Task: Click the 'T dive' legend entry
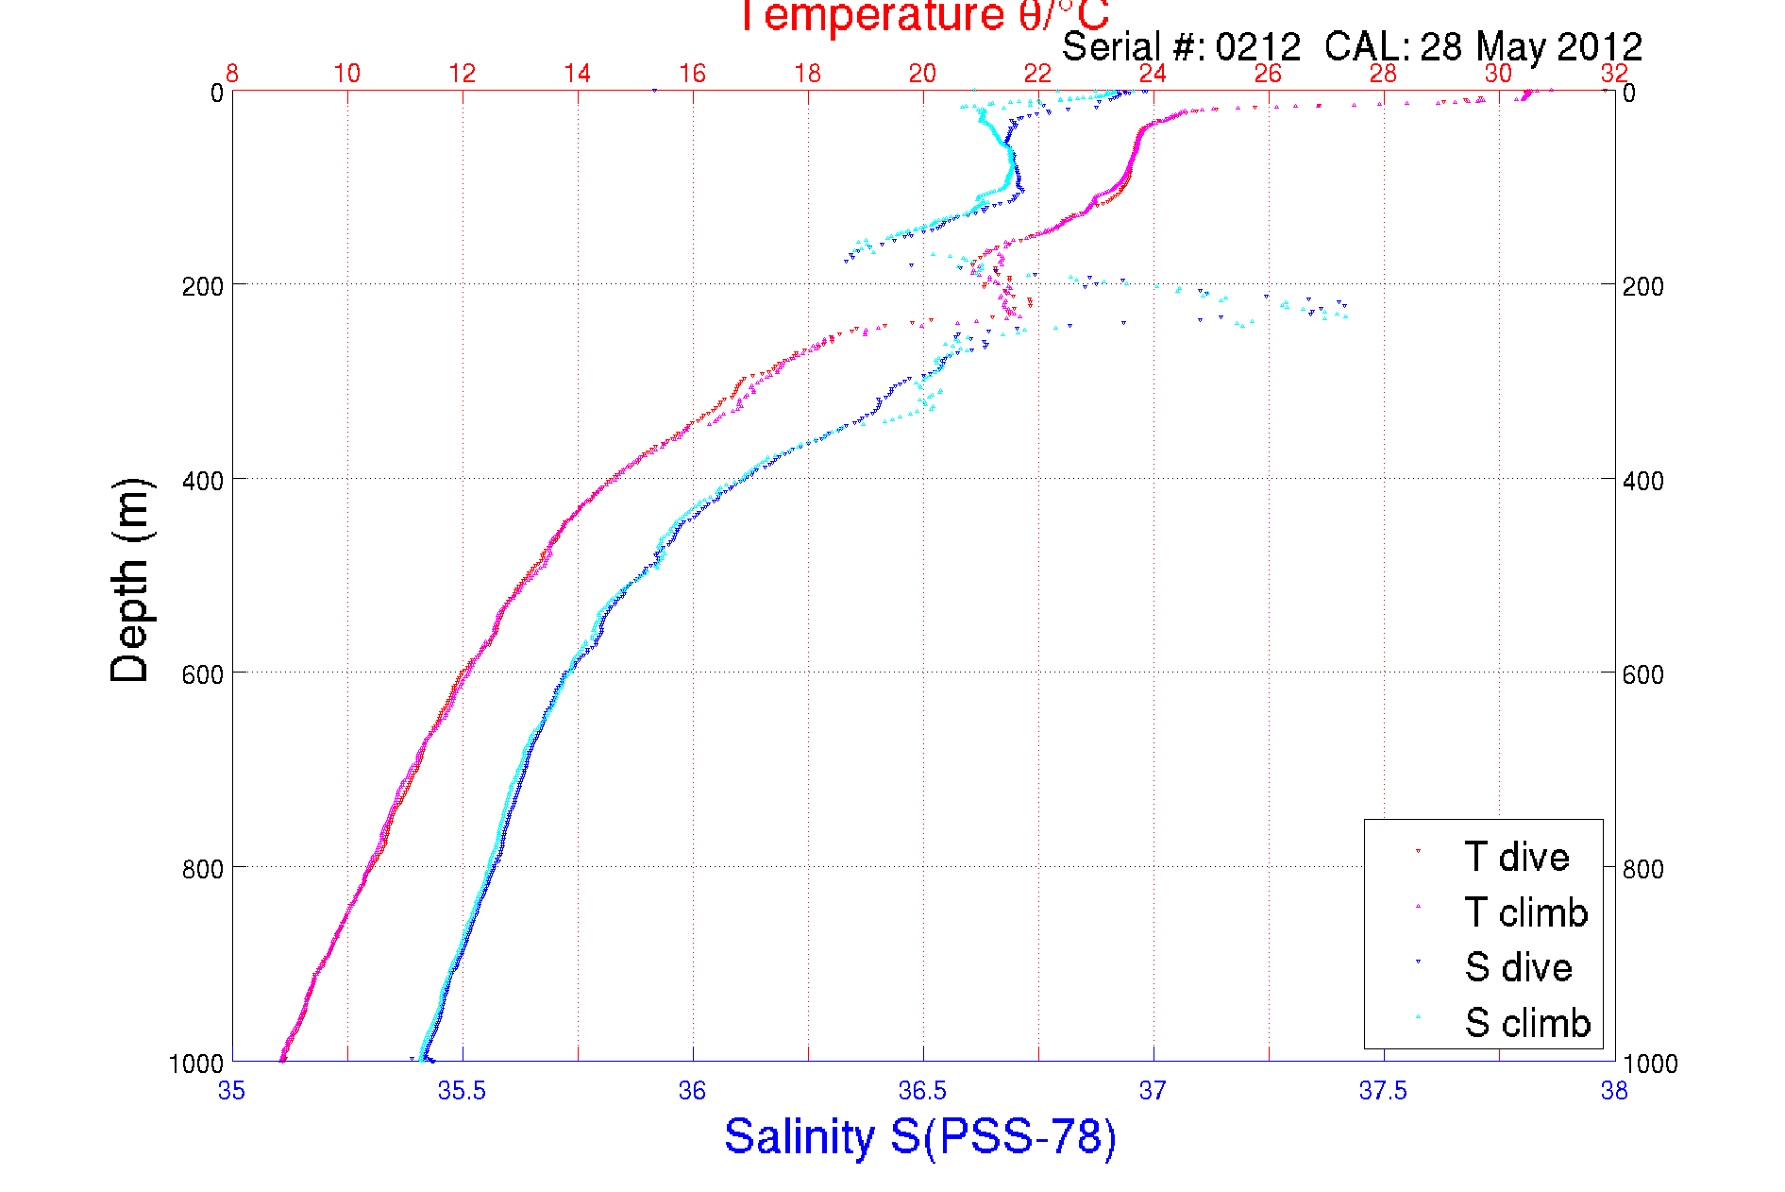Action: click(x=1516, y=857)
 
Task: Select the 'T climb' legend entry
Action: click(x=1525, y=912)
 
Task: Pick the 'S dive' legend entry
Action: click(x=1518, y=967)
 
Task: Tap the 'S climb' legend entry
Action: click(x=1527, y=1023)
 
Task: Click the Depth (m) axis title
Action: click(x=130, y=580)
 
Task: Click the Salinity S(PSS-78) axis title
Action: click(x=920, y=1135)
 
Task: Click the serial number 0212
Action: click(x=1257, y=46)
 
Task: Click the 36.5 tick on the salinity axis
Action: click(x=922, y=1091)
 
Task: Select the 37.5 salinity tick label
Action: click(x=1383, y=1091)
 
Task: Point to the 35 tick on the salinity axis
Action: click(x=232, y=1091)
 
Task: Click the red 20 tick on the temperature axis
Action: click(x=922, y=74)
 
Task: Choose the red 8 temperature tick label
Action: click(x=232, y=74)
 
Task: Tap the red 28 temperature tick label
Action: click(x=1383, y=74)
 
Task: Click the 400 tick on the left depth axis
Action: click(x=202, y=481)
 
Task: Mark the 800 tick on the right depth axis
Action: click(x=1642, y=869)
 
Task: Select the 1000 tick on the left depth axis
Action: click(x=196, y=1064)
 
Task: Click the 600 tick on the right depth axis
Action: click(x=1642, y=674)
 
